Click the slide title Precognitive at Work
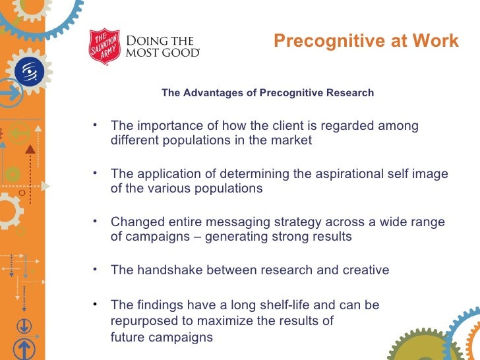click(366, 42)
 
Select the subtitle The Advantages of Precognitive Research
click(267, 93)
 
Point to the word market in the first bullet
click(292, 140)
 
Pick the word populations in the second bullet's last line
click(227, 189)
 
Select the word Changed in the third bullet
click(133, 222)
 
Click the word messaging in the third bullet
click(249, 222)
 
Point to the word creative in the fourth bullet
click(362, 270)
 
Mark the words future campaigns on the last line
click(162, 337)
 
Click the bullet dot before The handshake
click(95, 268)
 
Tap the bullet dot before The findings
click(95, 303)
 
